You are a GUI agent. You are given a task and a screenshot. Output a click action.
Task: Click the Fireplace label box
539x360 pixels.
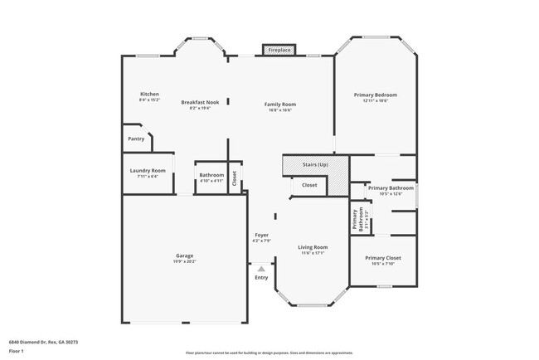pos(279,51)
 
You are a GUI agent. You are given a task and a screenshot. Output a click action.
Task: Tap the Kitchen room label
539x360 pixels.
pos(149,95)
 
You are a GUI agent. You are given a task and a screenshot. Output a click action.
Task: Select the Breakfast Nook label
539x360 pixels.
pos(200,102)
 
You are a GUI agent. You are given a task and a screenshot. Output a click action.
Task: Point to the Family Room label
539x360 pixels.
pos(280,104)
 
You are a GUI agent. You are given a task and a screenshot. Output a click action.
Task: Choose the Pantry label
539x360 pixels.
pos(136,139)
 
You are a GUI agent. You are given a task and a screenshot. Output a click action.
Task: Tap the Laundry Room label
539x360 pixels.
pos(148,170)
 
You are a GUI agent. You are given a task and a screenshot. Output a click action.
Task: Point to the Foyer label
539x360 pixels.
pos(261,236)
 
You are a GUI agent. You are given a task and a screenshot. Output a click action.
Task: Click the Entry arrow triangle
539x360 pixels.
pos(261,269)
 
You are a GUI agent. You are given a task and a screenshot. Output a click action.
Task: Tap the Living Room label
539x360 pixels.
pos(313,247)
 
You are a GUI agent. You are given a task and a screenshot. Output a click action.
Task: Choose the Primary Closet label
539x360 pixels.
pos(383,258)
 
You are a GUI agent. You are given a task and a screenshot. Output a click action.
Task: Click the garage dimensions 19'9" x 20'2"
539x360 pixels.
pos(184,261)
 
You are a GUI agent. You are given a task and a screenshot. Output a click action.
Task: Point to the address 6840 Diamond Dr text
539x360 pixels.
pos(38,341)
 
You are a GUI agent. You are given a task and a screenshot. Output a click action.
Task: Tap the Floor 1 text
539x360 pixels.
pos(15,351)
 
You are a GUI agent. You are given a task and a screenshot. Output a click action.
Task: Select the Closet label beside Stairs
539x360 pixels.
pos(308,185)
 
